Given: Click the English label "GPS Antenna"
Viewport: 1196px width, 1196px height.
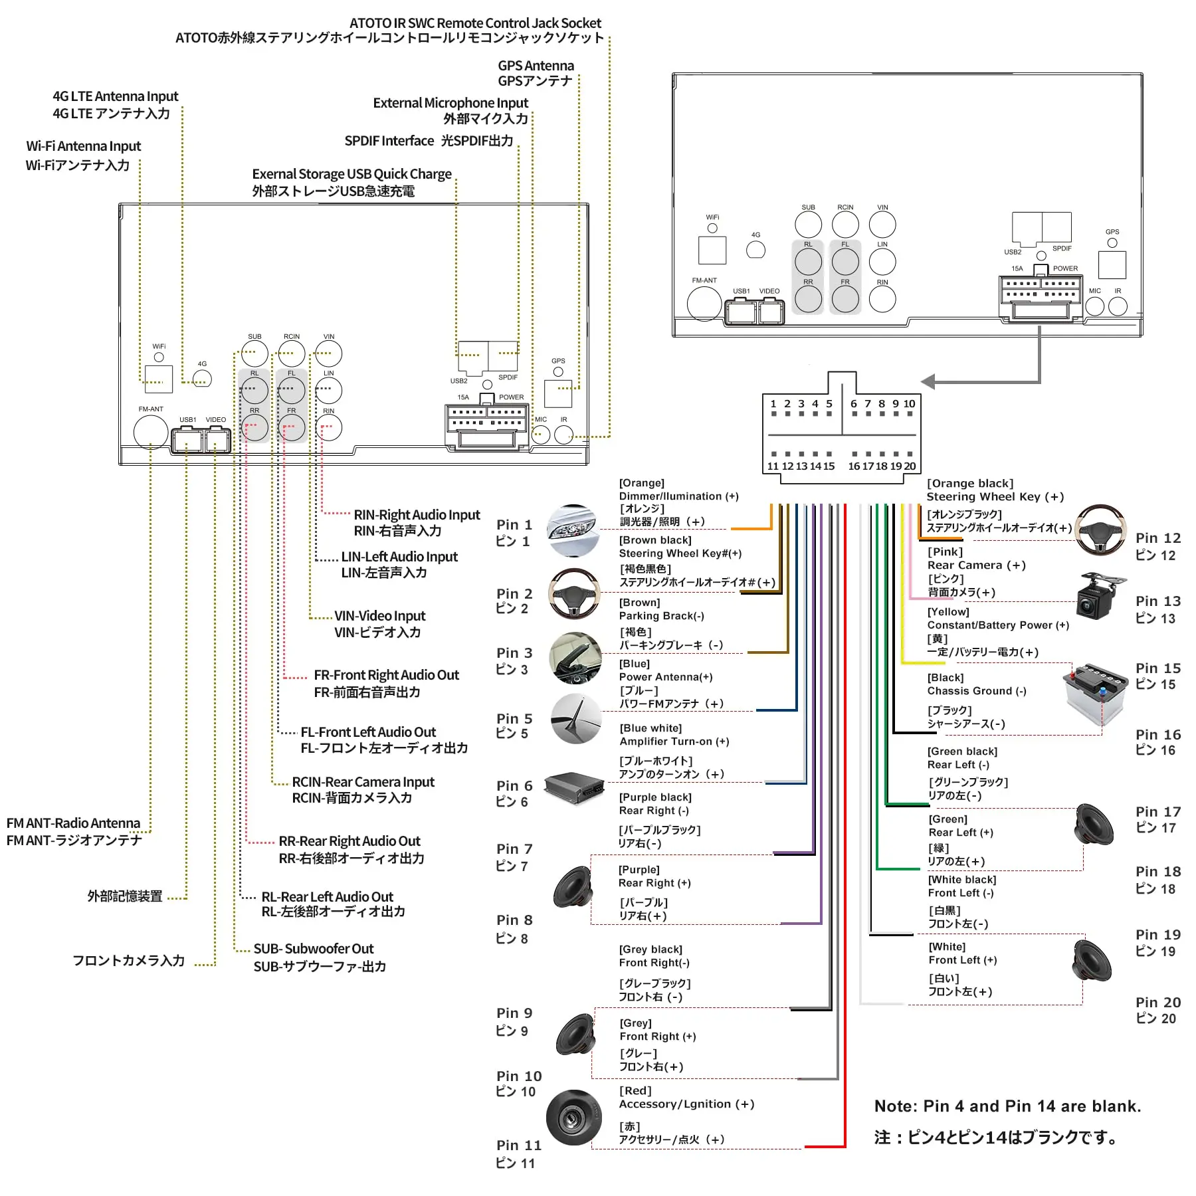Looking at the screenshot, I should point(536,66).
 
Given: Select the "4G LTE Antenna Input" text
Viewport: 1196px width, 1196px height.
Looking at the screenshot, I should point(116,96).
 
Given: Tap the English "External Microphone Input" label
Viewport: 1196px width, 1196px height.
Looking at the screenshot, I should point(450,103).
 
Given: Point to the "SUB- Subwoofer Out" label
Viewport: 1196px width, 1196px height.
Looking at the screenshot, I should point(313,949).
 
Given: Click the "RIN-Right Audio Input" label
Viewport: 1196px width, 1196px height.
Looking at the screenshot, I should point(417,515).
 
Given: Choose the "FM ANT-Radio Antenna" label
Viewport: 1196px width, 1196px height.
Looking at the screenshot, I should point(73,823).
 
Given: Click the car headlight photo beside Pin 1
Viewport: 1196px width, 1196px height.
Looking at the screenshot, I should point(573,530).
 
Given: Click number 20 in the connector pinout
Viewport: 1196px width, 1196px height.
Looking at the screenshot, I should point(910,466).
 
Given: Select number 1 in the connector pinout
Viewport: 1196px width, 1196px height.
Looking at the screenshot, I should point(773,404).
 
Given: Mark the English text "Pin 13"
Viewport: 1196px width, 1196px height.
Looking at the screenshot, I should point(1157,601).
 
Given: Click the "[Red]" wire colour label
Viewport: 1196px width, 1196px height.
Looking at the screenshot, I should point(635,1091).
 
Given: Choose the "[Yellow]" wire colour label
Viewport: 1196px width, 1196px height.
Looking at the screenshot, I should point(948,612).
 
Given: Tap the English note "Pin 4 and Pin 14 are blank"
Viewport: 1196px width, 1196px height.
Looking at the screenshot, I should point(1007,1106).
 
